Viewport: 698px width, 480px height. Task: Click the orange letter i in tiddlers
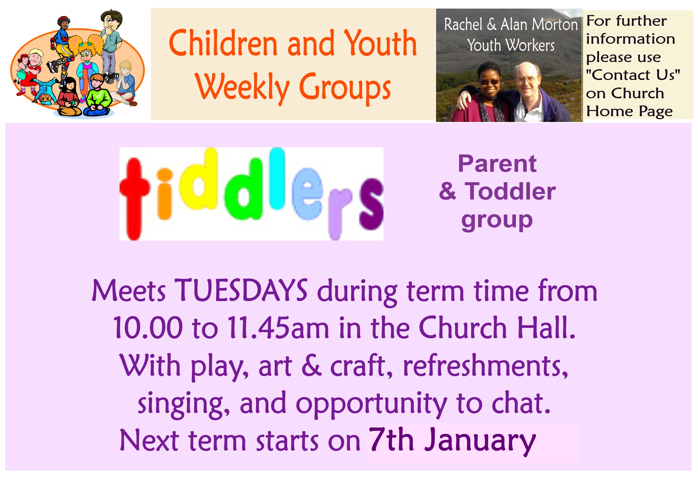(164, 194)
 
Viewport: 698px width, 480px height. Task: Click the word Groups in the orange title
(345, 87)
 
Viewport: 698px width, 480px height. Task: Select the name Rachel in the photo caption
(463, 24)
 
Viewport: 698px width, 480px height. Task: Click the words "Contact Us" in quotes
(633, 75)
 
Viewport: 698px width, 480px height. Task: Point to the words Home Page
(629, 111)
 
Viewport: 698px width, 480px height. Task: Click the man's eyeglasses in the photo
(526, 79)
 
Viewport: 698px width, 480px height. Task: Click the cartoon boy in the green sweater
(97, 96)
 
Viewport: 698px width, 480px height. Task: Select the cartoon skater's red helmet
(64, 20)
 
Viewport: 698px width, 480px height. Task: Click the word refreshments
(486, 365)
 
